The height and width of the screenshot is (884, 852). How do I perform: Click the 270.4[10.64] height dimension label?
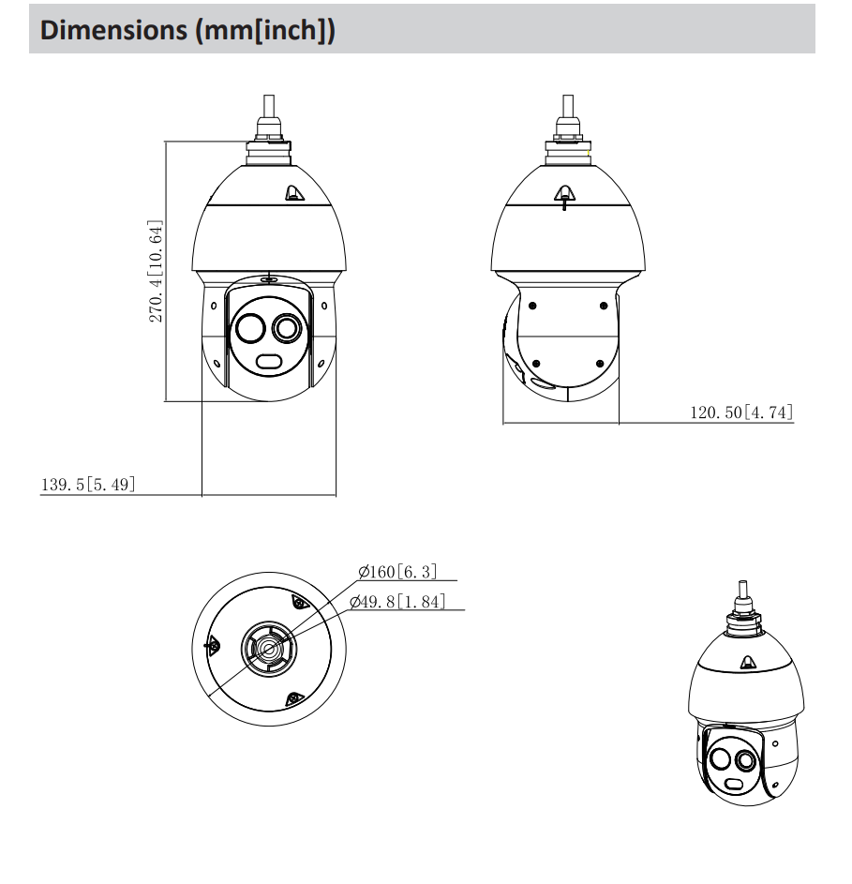[x=156, y=271]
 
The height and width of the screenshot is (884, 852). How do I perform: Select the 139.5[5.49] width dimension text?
[x=88, y=485]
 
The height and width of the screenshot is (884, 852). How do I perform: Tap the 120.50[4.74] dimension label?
[x=742, y=412]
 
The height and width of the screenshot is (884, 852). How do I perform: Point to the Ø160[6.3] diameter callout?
[x=398, y=572]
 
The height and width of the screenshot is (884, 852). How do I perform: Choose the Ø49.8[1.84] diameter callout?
[x=397, y=602]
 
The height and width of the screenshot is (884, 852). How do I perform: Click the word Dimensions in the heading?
[x=113, y=29]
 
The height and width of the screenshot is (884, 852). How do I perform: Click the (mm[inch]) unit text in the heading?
[x=265, y=30]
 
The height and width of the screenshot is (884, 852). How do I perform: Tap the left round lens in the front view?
[x=250, y=327]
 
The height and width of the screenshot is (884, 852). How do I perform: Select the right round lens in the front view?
[x=287, y=327]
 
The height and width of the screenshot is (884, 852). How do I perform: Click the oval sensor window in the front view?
[x=270, y=361]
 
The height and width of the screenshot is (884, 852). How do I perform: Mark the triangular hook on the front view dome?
[x=293, y=193]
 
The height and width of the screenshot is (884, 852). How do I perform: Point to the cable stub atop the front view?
[x=269, y=107]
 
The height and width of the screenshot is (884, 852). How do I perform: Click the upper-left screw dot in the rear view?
[x=532, y=306]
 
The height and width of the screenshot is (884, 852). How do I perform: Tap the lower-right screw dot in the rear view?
[x=600, y=364]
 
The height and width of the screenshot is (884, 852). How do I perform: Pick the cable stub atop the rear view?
[x=568, y=107]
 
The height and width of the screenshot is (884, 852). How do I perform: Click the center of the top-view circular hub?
[x=269, y=650]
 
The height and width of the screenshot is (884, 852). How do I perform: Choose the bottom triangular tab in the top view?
[x=293, y=700]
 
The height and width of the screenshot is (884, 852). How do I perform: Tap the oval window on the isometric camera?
[x=733, y=785]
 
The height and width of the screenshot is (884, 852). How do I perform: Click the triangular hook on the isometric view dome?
[x=748, y=664]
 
